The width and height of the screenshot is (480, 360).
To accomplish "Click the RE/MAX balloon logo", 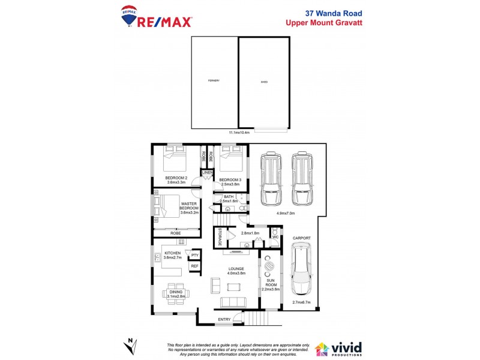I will [x=128, y=17].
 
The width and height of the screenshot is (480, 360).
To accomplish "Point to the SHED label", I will [x=264, y=81].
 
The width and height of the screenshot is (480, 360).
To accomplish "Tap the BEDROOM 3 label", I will [x=230, y=180].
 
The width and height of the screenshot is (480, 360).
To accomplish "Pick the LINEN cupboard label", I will [x=208, y=173].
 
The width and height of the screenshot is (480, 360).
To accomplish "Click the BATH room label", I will [x=229, y=196].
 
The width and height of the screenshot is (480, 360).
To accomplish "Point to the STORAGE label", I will [x=220, y=236].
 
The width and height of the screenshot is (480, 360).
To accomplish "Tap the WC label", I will [x=275, y=238].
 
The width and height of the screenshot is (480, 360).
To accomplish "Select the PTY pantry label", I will [x=194, y=256].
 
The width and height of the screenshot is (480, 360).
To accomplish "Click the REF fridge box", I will [x=194, y=266].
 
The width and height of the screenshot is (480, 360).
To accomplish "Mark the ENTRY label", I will [x=224, y=319].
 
